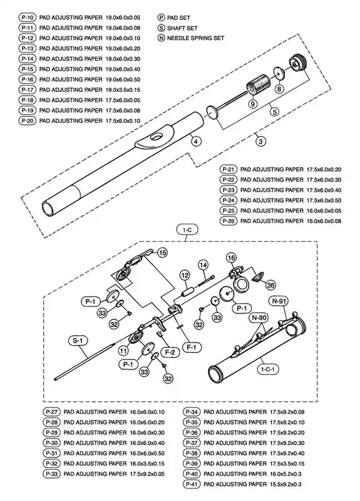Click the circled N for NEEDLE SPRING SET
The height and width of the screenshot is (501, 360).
(162, 38)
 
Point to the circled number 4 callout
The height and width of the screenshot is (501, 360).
(196, 142)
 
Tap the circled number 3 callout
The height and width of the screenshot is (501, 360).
(261, 142)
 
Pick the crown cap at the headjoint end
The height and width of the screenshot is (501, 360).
(296, 65)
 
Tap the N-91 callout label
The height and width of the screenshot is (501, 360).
(280, 301)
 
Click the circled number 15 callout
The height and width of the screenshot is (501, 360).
(162, 252)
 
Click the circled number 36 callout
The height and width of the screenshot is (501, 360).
(270, 285)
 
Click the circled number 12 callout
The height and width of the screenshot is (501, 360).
(185, 276)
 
